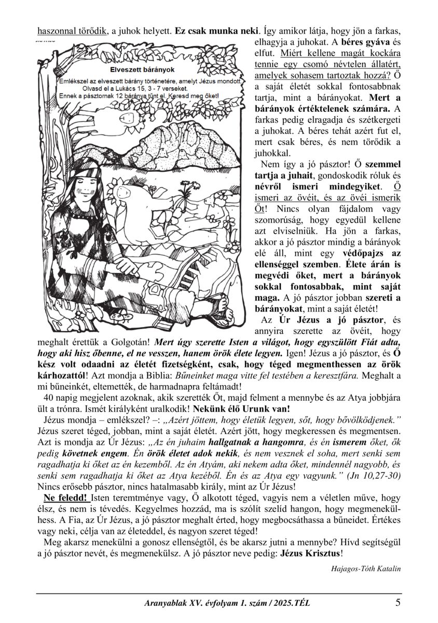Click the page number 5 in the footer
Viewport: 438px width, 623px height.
pos(398,603)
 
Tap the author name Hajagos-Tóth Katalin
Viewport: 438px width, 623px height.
pos(365,568)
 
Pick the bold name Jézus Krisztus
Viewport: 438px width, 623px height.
pos(311,553)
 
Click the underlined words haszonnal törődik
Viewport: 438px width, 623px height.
pos(72,31)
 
